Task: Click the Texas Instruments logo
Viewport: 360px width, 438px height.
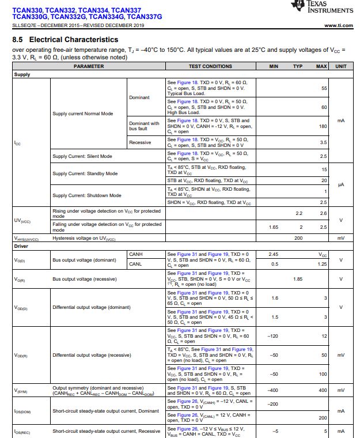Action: tap(322, 7)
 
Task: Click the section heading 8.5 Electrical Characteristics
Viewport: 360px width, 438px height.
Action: tap(65, 40)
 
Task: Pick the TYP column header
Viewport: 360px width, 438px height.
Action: tap(298, 66)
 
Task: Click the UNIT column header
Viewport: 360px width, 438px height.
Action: tap(341, 66)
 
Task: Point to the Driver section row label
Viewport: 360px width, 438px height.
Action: tap(21, 246)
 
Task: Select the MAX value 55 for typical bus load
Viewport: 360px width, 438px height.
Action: tap(324, 88)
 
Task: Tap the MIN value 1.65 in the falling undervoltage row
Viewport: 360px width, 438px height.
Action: tap(274, 227)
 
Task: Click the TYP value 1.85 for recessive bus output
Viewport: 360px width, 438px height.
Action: tap(298, 279)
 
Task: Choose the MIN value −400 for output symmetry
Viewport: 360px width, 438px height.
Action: tap(273, 391)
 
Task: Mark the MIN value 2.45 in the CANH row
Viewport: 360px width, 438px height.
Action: tap(274, 254)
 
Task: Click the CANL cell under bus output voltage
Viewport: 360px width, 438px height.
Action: tap(136, 264)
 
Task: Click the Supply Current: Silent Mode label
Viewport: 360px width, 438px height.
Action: tap(82, 156)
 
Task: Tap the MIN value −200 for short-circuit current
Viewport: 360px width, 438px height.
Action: tap(273, 404)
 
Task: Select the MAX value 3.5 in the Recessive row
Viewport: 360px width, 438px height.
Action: tap(323, 142)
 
